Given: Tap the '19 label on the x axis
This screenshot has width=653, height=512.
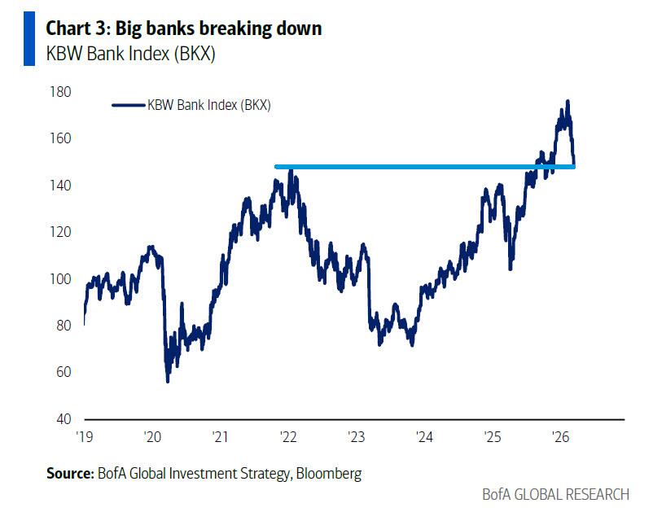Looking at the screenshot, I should click(85, 437).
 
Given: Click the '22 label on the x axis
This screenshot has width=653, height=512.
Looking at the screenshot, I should click(288, 437).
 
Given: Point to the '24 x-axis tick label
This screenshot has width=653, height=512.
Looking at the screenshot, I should click(423, 437).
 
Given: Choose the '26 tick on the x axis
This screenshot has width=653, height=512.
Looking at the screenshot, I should click(559, 437).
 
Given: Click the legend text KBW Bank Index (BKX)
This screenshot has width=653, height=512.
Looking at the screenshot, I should click(208, 105).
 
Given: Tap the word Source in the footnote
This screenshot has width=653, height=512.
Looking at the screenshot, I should click(69, 473).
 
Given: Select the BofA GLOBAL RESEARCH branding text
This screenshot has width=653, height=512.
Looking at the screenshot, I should click(556, 494).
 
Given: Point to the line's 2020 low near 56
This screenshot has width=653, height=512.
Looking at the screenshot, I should click(168, 380).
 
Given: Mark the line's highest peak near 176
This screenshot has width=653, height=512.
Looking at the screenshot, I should click(567, 101).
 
